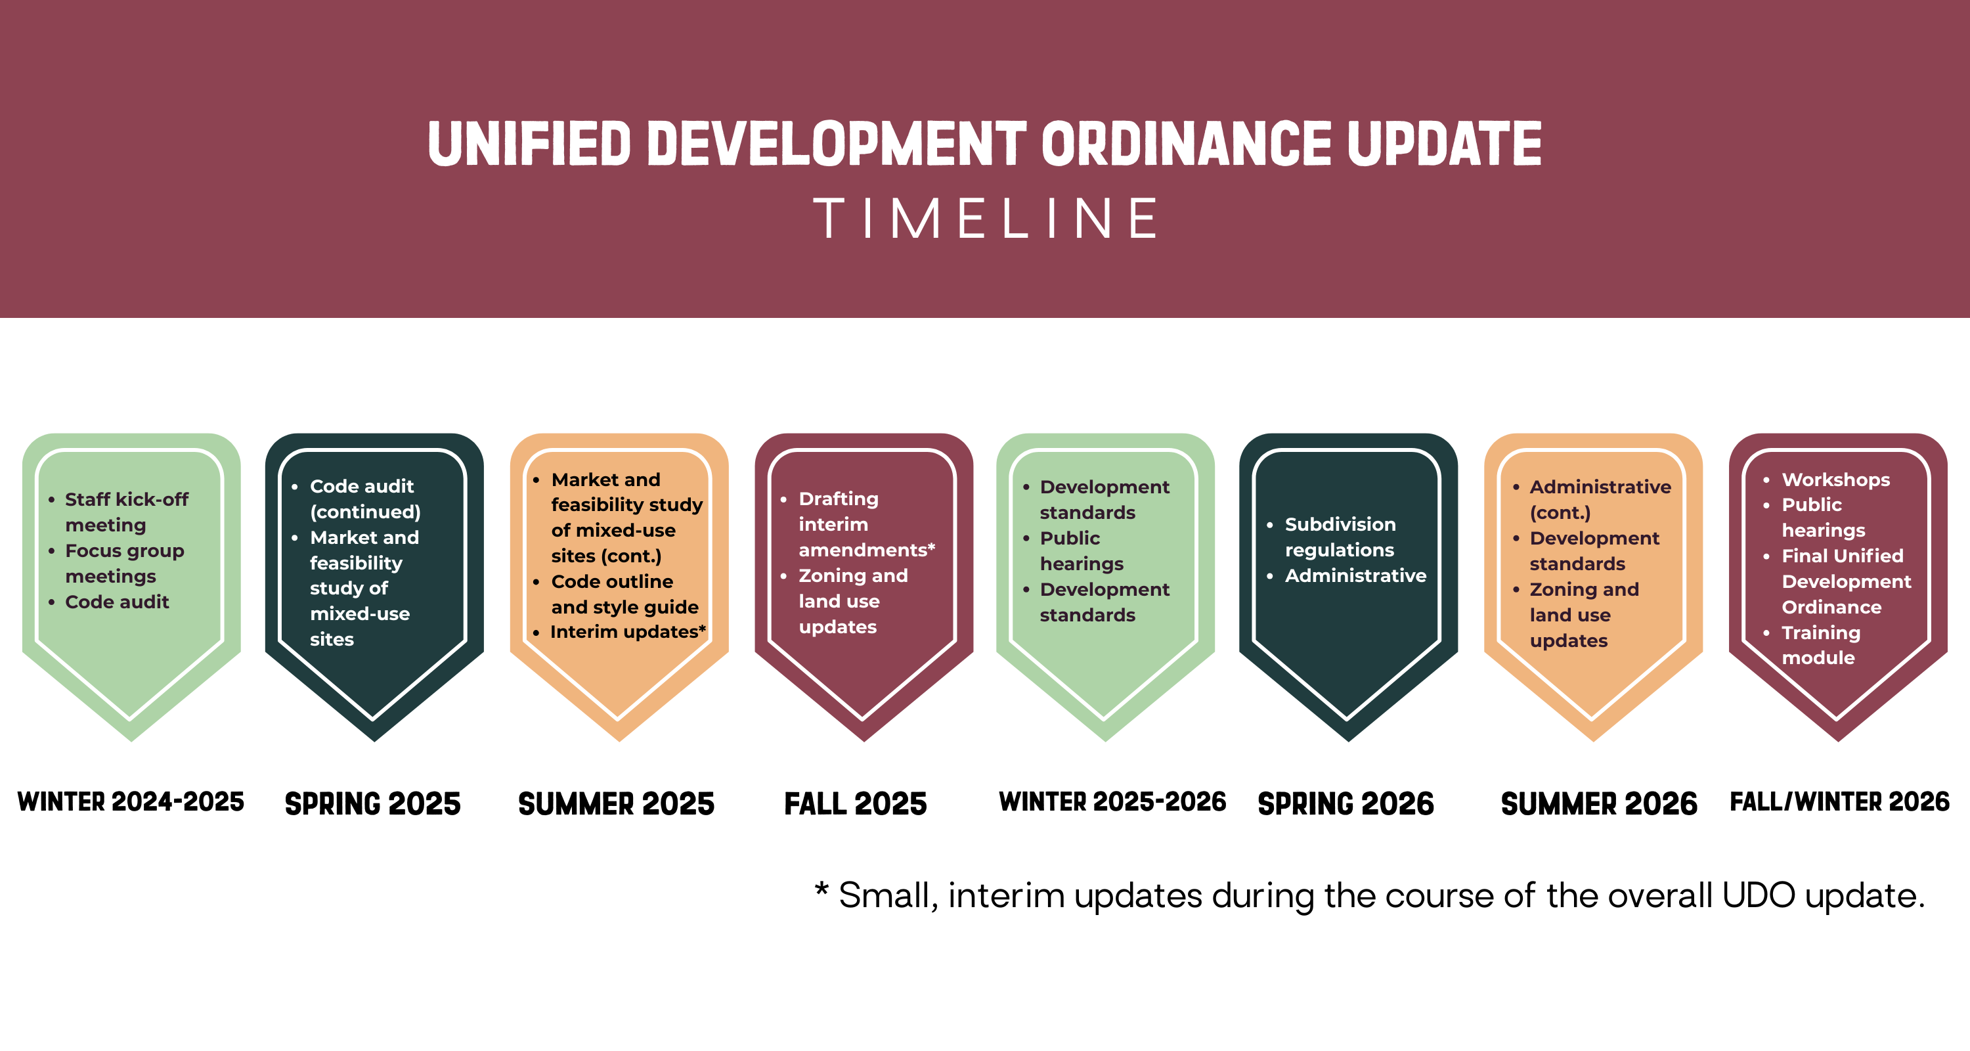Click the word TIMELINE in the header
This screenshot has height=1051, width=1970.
(x=985, y=219)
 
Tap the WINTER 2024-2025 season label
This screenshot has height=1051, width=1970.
(x=131, y=801)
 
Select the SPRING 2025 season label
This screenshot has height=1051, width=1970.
(x=372, y=804)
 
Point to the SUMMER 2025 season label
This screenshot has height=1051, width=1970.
(x=617, y=804)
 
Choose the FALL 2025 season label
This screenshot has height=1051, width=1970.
(x=856, y=804)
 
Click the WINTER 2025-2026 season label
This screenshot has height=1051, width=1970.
(x=1112, y=801)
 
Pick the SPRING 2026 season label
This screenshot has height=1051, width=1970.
(x=1346, y=804)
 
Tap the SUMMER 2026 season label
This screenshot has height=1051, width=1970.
(x=1599, y=804)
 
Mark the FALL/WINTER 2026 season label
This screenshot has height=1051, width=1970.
(x=1840, y=801)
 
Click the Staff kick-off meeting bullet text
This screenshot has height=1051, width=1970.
(x=126, y=512)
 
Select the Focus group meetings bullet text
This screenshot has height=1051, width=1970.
(x=124, y=563)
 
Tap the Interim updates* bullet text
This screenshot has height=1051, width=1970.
(x=627, y=632)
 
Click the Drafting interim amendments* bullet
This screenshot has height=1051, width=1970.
(x=865, y=524)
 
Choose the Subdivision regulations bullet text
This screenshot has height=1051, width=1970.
(x=1340, y=537)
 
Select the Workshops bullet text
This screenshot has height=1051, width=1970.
(x=1835, y=480)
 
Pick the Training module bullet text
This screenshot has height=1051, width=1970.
(x=1820, y=645)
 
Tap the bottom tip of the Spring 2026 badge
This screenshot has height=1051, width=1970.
(x=1348, y=738)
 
